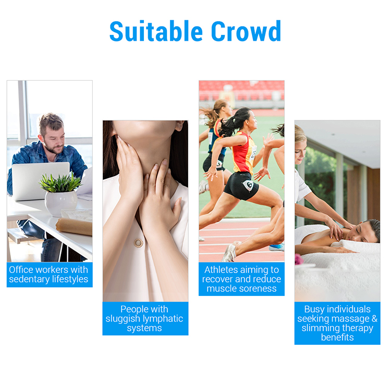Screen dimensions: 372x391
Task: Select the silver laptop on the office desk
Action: [x=40, y=180]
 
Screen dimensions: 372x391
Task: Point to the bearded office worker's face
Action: [x=54, y=134]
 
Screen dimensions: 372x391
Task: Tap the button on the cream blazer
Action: [x=138, y=243]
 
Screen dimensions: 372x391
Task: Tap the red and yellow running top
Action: [x=242, y=151]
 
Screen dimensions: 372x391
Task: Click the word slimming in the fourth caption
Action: [x=316, y=328]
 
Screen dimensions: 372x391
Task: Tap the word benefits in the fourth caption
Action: [x=337, y=337]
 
